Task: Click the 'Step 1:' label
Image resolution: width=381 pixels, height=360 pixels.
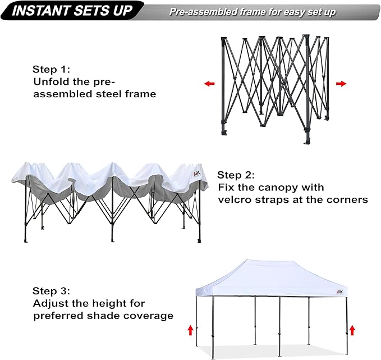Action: point(52,70)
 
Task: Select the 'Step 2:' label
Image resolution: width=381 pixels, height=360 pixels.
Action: point(236,175)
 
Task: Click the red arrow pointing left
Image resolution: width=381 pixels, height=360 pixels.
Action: point(209,84)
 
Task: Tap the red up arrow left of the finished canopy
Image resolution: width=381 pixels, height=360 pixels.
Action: point(190,330)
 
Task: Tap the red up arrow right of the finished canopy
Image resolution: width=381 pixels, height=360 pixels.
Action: point(352,330)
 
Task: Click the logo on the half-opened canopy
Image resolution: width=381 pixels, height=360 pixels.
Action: point(197,174)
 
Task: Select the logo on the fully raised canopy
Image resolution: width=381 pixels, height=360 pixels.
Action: point(340,292)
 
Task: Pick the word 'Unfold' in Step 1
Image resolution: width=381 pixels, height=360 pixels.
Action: point(50,82)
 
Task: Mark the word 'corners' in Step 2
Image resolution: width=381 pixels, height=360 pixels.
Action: point(347,199)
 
